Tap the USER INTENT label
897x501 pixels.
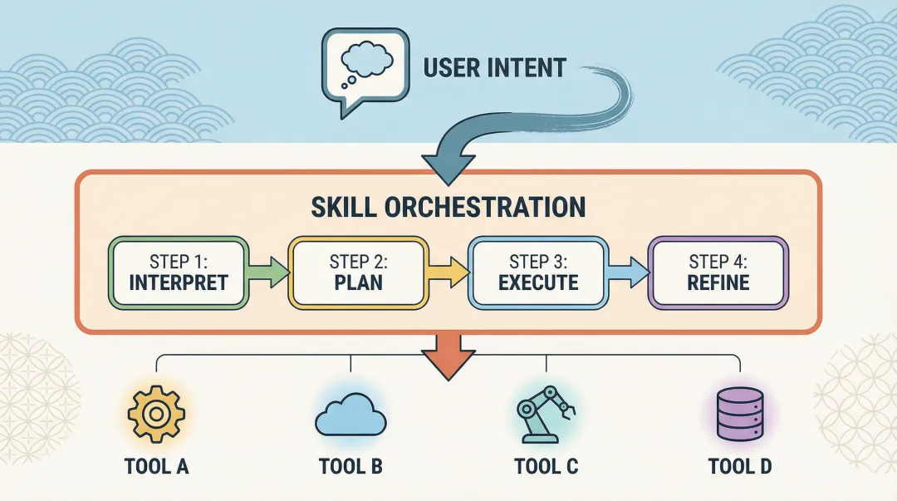pos(494,67)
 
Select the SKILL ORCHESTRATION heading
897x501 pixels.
pos(448,207)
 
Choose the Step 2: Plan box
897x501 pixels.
pos(358,272)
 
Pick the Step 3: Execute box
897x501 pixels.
pos(537,272)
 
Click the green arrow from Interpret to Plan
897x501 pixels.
pos(267,272)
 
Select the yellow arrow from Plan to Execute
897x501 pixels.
pos(448,272)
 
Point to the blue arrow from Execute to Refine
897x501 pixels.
pos(627,272)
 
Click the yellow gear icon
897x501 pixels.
pos(156,413)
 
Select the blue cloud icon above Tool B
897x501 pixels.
pos(350,415)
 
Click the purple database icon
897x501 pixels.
pos(739,413)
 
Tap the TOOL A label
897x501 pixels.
pos(157,466)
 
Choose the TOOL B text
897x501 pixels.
pos(350,466)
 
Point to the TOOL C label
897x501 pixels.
pos(546,466)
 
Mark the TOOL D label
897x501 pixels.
pos(741,466)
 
